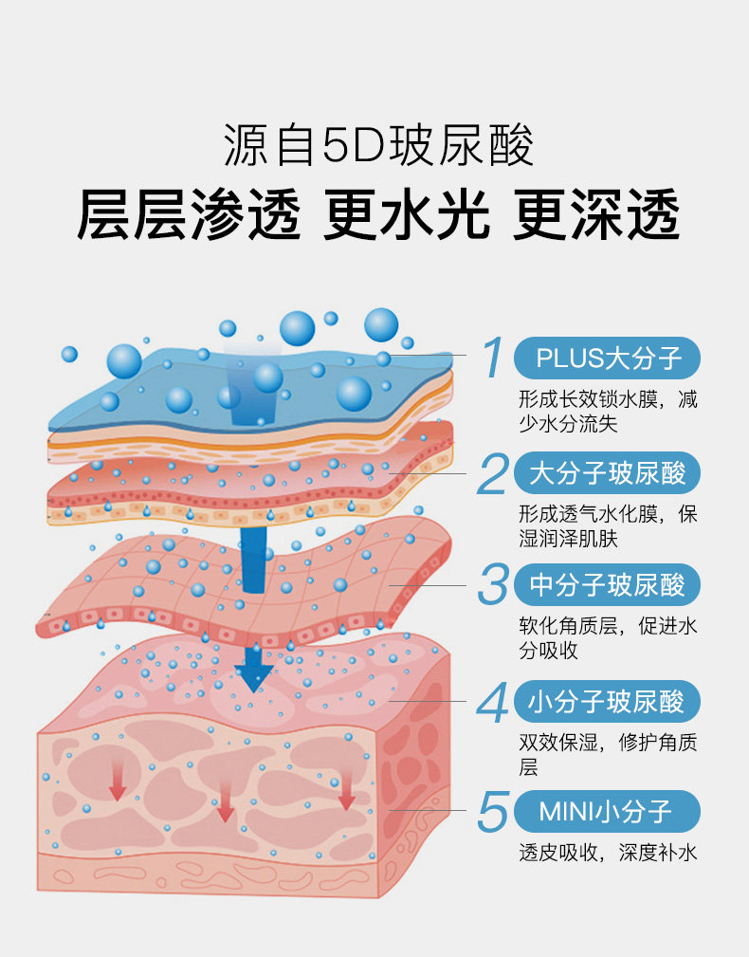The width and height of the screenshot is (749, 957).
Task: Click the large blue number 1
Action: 492,358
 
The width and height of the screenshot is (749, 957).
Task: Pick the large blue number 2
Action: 492,473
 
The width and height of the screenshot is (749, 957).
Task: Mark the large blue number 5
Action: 493,812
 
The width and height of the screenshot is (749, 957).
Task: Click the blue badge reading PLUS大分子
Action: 607,358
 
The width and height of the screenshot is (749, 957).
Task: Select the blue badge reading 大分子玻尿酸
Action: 607,472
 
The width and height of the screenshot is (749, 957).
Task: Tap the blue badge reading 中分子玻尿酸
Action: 607,584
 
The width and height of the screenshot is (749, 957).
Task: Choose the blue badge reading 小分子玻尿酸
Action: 607,702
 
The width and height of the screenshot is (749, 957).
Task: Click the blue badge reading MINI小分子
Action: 607,812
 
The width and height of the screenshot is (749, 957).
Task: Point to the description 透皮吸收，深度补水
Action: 607,853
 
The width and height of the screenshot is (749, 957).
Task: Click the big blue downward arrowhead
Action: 254,673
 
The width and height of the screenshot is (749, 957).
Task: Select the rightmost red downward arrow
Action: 346,792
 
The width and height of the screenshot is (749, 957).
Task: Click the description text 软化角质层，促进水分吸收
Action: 607,638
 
